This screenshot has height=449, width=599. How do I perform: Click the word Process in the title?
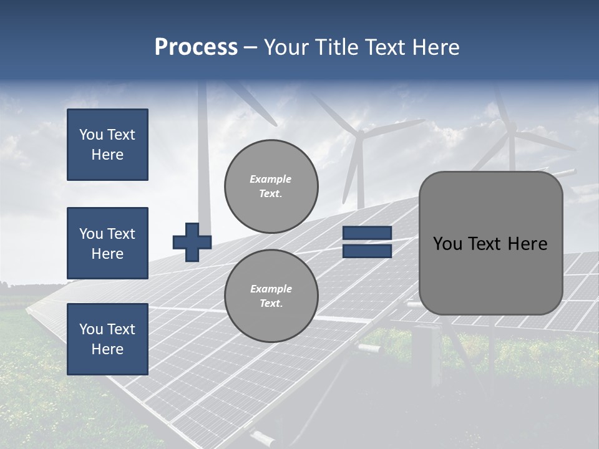pos(196,47)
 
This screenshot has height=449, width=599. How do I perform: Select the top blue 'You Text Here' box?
pos(107,145)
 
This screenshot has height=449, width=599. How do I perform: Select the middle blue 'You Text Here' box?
pos(107,243)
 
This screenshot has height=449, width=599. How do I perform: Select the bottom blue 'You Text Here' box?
pos(107,339)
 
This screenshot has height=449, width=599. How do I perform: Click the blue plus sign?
pos(192,241)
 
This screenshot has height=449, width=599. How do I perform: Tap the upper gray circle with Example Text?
pos(271,186)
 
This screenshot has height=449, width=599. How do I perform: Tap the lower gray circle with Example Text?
pos(271,296)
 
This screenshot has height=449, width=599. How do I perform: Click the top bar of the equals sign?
pos(367,233)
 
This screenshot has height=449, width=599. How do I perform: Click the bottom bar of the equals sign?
pos(367,251)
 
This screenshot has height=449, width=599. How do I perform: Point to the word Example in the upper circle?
pos(270,179)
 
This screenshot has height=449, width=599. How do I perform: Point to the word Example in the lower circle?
pos(271,289)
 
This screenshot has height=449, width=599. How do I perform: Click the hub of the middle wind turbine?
pos(360,134)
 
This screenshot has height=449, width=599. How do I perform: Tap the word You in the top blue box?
pos(90,135)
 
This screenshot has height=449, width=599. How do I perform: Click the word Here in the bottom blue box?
pos(107,349)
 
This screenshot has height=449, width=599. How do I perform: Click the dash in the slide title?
pos(250,47)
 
